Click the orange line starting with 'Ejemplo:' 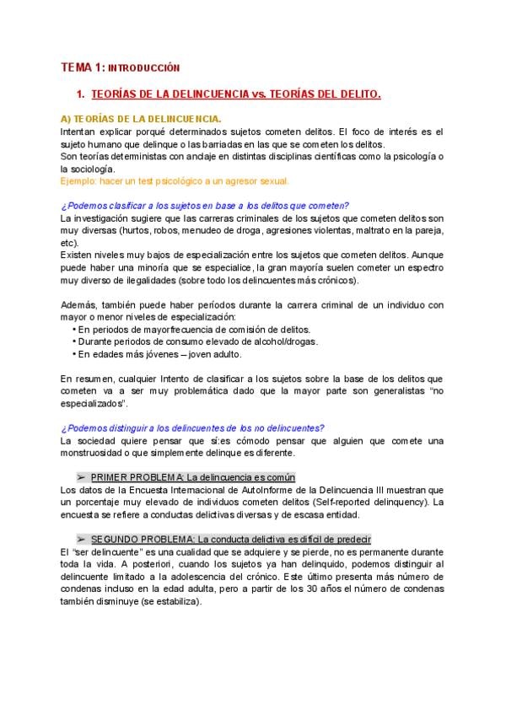pos(175,180)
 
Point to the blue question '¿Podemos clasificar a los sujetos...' pos(205,206)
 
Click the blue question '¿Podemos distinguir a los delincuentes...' pos(192,427)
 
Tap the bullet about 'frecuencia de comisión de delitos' pos(194,329)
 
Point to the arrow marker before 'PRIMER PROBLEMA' pos(81,476)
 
